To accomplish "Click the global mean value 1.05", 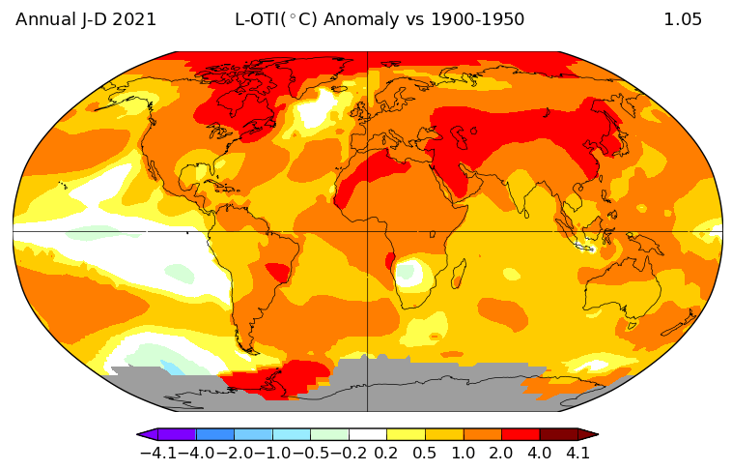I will pyautogui.click(x=683, y=19).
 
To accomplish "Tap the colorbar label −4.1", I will pyautogui.click(x=157, y=453).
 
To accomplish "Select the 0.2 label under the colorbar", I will pyautogui.click(x=387, y=453).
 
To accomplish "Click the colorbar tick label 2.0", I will pyautogui.click(x=501, y=453).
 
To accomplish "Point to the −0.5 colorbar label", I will pyautogui.click(x=310, y=453).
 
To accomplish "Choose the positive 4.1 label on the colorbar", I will pyautogui.click(x=577, y=453).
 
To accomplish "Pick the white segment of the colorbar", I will pyautogui.click(x=368, y=435).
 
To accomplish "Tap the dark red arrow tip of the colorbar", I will pyautogui.click(x=588, y=435).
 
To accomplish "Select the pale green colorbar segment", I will pyautogui.click(x=329, y=435).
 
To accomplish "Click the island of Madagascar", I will pyautogui.click(x=461, y=279).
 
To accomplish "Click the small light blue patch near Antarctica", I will pyautogui.click(x=172, y=367).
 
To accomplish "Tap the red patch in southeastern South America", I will pyautogui.click(x=279, y=273).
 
